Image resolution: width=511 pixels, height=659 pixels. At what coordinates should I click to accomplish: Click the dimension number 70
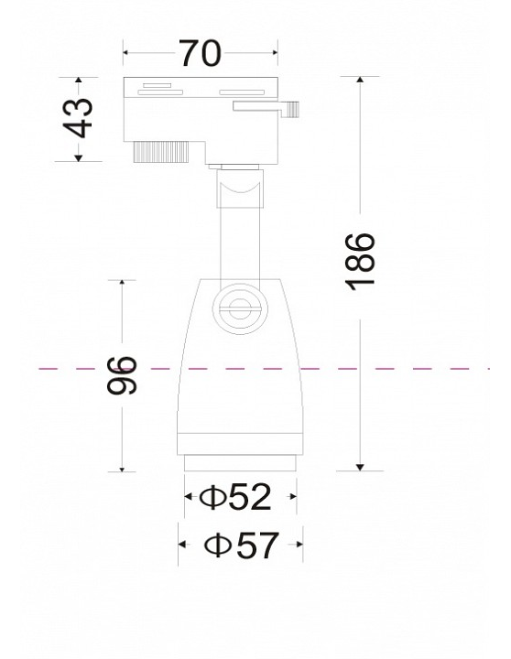pyautogui.click(x=201, y=53)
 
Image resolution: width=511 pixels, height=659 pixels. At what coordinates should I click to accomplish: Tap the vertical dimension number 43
pyautogui.click(x=78, y=118)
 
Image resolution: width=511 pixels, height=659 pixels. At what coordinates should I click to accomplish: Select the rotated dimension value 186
pyautogui.click(x=360, y=261)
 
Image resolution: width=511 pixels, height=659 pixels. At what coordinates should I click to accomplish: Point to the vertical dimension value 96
pyautogui.click(x=122, y=375)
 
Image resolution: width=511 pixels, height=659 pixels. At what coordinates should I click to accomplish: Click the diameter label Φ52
pyautogui.click(x=235, y=497)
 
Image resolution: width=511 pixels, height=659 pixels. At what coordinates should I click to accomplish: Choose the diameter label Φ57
pyautogui.click(x=242, y=545)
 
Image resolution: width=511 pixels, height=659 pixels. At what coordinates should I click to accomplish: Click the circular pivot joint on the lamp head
pyautogui.click(x=240, y=309)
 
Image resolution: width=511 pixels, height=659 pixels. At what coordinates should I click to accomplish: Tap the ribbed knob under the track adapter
pyautogui.click(x=161, y=152)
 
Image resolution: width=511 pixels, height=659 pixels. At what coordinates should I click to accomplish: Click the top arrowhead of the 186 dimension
pyautogui.click(x=360, y=80)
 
